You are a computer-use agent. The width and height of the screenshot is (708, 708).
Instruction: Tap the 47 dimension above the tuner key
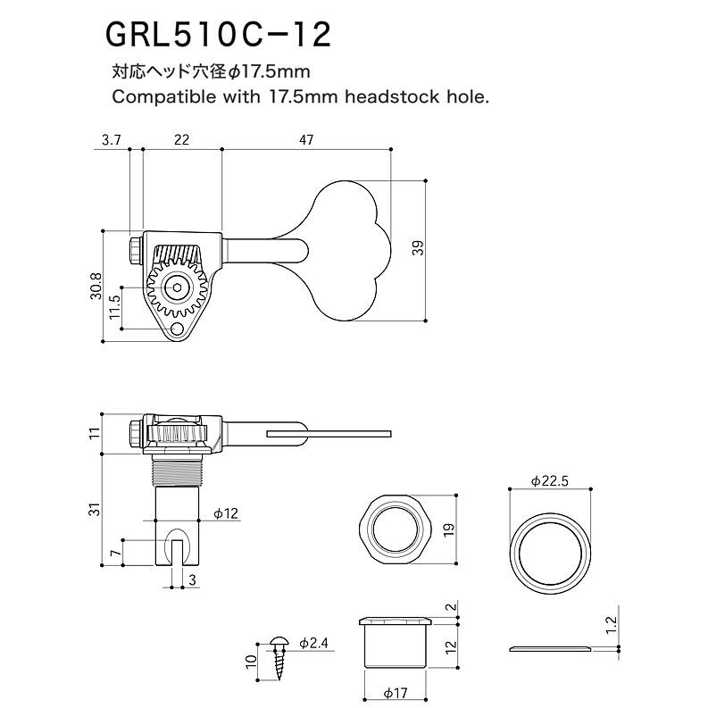(306, 140)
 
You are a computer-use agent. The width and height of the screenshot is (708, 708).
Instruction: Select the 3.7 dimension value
(111, 140)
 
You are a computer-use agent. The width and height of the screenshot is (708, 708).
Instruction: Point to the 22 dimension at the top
(181, 140)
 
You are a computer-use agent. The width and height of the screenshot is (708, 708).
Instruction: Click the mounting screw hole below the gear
(178, 329)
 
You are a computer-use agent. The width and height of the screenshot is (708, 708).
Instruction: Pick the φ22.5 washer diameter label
(549, 481)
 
